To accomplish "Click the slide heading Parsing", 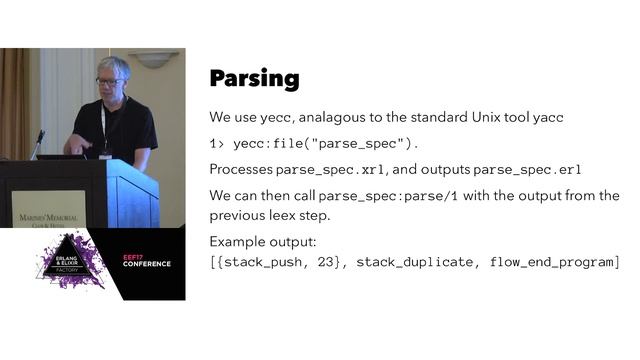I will [254, 79].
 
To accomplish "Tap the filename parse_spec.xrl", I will [331, 170].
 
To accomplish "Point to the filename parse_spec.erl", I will [527, 170].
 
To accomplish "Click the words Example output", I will [261, 242].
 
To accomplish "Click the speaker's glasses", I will [110, 82].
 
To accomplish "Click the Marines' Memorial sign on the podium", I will [50, 212].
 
